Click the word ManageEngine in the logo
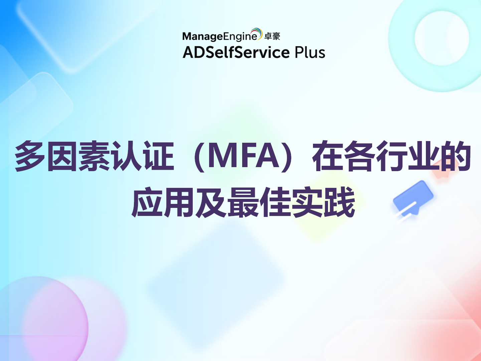tap(219, 36)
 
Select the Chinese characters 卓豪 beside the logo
tap(272, 36)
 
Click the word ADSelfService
tap(236, 52)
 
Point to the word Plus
tap(310, 52)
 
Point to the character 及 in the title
tap(211, 203)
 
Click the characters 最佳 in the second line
tap(259, 203)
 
